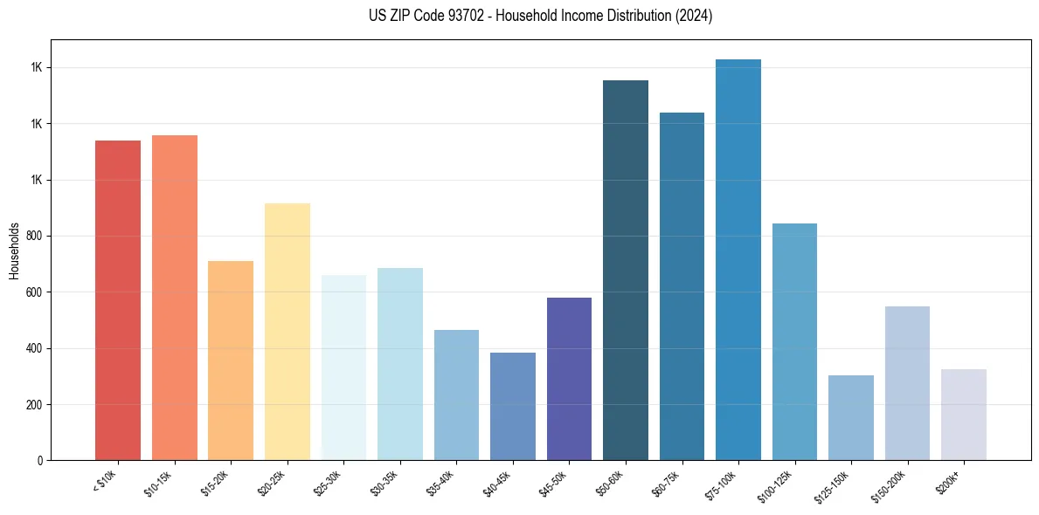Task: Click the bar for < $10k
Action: [x=118, y=300]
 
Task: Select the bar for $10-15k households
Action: [x=175, y=298]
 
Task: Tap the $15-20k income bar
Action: [x=231, y=360]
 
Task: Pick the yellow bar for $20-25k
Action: [x=287, y=332]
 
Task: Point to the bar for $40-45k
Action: [x=513, y=406]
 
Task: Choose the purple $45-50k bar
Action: [x=569, y=379]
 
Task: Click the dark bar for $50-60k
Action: [x=626, y=271]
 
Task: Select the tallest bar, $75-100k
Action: [x=738, y=260]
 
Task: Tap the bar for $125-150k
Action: [x=851, y=417]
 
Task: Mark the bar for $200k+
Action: [x=964, y=415]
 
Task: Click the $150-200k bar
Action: [x=907, y=383]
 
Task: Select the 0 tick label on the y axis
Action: [x=40, y=460]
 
